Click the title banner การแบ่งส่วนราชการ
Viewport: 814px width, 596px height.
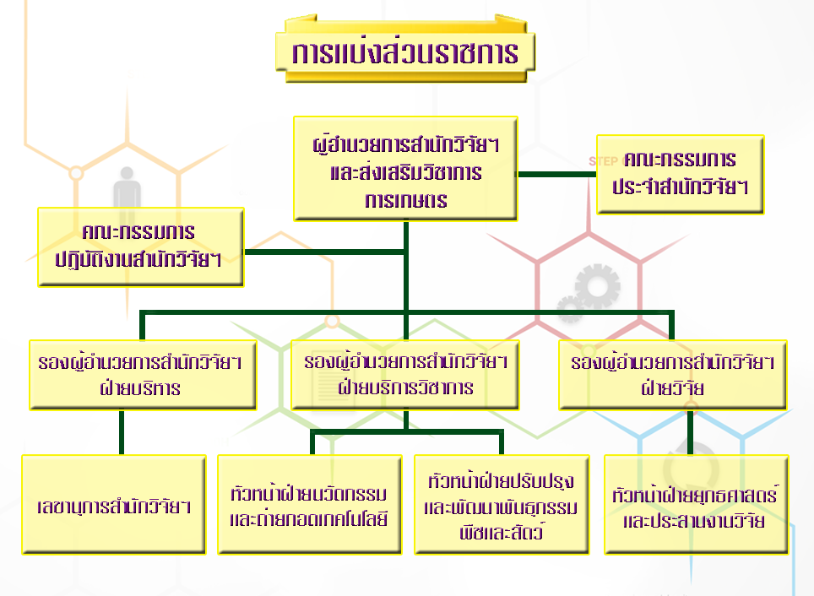(405, 51)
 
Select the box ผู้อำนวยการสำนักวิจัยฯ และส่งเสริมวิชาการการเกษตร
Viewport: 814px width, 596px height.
(405, 169)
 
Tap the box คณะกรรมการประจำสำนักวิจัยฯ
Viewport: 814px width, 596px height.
(680, 174)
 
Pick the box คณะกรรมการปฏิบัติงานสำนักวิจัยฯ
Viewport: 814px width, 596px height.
(141, 247)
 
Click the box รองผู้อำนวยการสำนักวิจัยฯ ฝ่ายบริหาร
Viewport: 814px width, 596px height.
(143, 375)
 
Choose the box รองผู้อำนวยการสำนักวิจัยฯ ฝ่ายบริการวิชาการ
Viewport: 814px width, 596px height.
(405, 375)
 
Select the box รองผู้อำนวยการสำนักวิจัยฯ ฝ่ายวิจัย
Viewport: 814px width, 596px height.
(673, 375)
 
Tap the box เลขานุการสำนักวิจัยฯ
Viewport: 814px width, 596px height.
(114, 505)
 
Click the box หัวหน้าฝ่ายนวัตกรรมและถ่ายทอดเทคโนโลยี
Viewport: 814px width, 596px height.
(309, 505)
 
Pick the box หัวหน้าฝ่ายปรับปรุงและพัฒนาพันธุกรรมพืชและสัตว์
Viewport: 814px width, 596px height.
(502, 505)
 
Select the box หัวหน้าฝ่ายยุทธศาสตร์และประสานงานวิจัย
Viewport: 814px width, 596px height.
(696, 505)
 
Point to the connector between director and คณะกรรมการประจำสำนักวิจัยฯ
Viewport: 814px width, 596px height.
(557, 175)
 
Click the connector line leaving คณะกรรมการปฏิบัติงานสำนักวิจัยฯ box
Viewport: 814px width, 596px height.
(325, 252)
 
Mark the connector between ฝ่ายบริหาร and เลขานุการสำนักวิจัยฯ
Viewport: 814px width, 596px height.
(122, 432)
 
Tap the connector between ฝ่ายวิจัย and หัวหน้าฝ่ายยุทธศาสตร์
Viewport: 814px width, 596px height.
(691, 432)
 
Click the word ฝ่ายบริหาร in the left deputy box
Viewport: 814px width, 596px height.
(141, 387)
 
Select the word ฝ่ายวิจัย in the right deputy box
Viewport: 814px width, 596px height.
(673, 387)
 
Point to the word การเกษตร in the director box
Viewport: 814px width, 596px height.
(406, 200)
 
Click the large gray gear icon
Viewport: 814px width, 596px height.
(598, 286)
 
